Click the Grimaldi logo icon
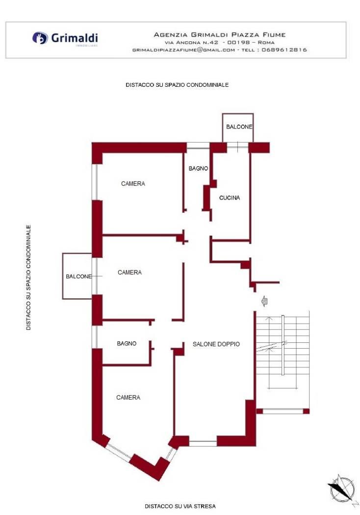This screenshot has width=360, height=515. (x=40, y=38)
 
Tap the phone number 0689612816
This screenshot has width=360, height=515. (x=284, y=50)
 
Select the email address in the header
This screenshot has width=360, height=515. (x=183, y=50)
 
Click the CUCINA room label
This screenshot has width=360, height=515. (x=230, y=198)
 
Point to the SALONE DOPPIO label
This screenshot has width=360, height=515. (x=216, y=344)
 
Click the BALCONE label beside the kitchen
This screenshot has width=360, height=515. (x=239, y=127)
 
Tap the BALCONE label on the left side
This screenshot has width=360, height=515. (x=79, y=277)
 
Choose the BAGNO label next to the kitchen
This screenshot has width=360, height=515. (x=199, y=169)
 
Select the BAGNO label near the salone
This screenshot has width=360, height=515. (x=127, y=343)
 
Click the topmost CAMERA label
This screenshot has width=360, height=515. (x=133, y=183)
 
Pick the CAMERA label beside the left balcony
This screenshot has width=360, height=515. (x=130, y=272)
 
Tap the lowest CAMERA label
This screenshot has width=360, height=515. (x=128, y=397)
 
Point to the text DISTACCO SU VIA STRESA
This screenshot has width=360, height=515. (x=180, y=506)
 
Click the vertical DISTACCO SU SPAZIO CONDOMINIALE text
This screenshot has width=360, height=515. (x=28, y=278)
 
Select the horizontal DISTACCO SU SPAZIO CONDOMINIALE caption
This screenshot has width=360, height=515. (x=177, y=85)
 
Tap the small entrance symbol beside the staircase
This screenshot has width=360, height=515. (x=265, y=301)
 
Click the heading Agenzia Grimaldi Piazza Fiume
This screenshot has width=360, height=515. (x=220, y=34)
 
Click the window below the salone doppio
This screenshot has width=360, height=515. (x=203, y=443)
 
